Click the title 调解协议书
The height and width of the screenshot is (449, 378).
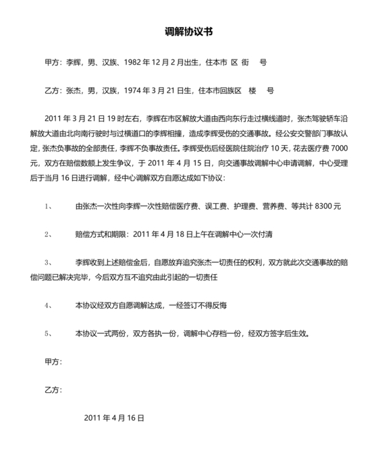189,32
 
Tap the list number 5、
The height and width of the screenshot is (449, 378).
49,333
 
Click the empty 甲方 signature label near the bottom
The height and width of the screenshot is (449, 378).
53,362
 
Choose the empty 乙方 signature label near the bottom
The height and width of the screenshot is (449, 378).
53,390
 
